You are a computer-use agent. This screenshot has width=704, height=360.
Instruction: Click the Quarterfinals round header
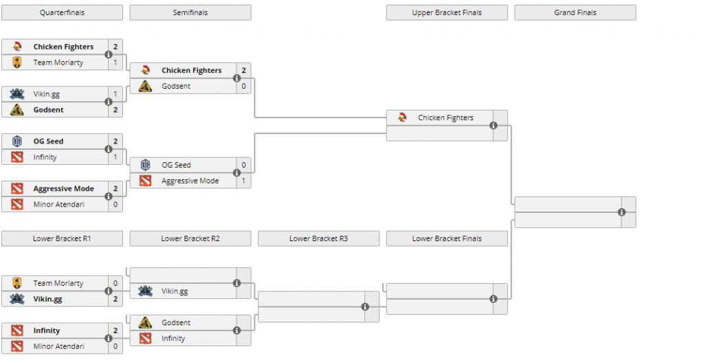coord(62,12)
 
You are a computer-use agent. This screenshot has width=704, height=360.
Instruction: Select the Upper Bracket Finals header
coord(447,12)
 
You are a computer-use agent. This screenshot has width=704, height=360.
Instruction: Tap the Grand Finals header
coord(575,12)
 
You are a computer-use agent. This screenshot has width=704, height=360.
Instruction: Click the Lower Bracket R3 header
coord(318,238)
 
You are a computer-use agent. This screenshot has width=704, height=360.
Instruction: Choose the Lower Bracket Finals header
coord(447,238)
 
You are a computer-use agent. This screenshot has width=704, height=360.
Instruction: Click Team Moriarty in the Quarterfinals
coord(58,63)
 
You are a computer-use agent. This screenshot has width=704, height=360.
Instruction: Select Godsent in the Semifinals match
coord(176,86)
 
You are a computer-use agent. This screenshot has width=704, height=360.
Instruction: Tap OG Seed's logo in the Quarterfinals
coord(17,142)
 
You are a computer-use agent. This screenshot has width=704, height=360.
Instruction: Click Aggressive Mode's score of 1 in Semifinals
coord(244,181)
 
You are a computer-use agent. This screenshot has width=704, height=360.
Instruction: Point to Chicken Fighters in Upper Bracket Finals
coord(445,117)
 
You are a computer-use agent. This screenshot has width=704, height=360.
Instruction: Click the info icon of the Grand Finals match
coord(621,212)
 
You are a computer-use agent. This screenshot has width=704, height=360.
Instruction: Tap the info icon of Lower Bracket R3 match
coord(365,307)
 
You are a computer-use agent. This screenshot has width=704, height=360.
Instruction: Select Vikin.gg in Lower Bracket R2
coord(175,291)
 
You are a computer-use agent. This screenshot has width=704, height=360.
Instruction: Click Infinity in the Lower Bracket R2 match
coord(173,339)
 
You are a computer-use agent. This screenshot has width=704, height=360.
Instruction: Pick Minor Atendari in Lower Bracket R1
coord(59,346)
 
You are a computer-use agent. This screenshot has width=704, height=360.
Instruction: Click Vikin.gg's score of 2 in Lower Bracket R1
coord(115,299)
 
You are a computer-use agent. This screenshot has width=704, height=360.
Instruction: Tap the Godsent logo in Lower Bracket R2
coord(145,323)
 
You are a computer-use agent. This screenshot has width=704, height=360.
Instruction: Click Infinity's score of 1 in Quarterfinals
coord(115,157)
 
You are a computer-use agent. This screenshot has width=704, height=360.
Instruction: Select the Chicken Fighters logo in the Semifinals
coord(145,70)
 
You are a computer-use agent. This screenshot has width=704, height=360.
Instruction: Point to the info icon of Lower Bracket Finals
coord(494,299)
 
